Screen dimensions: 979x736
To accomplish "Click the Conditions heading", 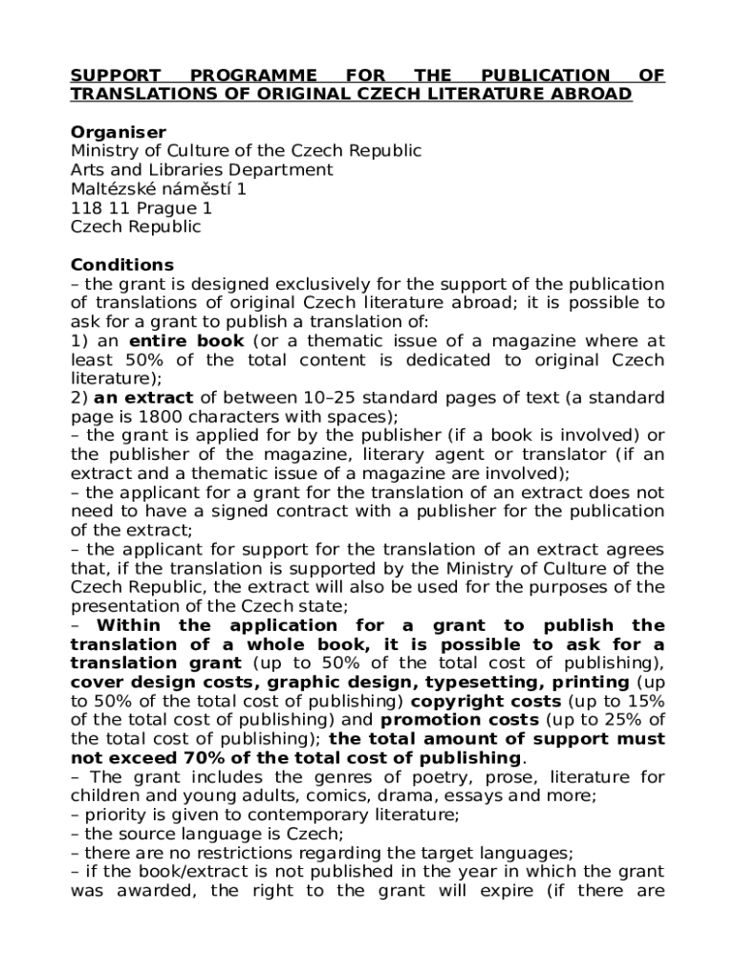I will (x=122, y=265).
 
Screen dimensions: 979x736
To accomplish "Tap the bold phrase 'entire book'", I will (x=186, y=341).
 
